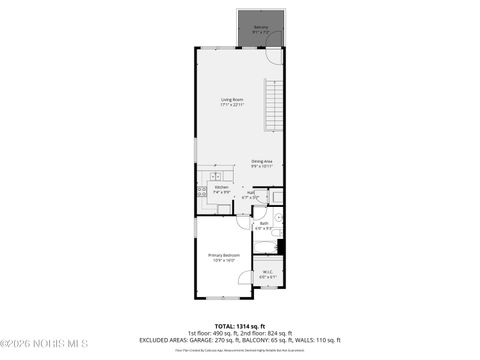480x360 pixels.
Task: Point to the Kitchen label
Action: coord(222,187)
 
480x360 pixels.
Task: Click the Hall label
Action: coord(250,193)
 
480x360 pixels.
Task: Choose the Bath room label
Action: coord(263,224)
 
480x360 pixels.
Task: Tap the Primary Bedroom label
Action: coord(222,256)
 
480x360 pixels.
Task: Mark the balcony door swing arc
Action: coord(272,57)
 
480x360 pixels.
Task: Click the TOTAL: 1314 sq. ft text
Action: coord(239,326)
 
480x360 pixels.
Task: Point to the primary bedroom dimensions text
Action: coord(222,261)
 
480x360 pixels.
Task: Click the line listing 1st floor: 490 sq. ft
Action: coord(239,332)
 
